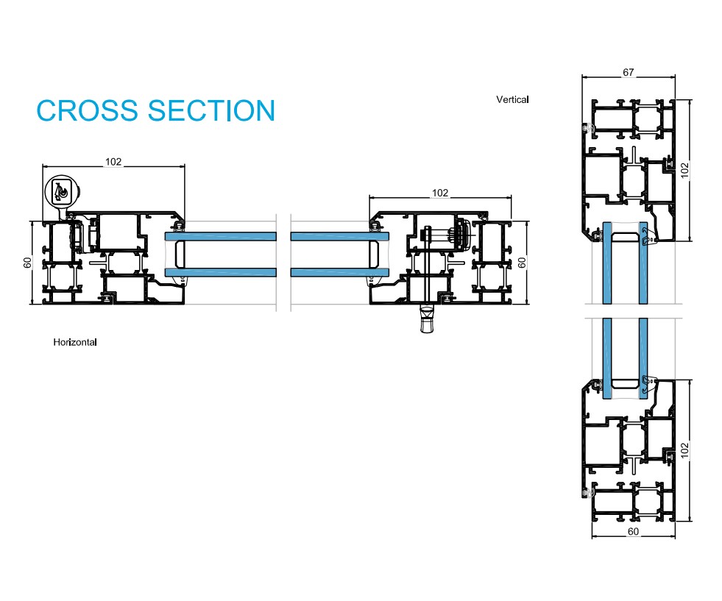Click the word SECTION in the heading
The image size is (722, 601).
[211, 110]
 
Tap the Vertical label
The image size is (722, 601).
[512, 99]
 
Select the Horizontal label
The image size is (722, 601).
[75, 342]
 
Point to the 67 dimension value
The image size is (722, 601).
[628, 72]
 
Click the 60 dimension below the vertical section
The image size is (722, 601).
[633, 531]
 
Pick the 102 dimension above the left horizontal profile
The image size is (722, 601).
[113, 162]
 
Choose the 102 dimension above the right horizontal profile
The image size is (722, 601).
[439, 193]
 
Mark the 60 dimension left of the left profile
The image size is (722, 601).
[27, 263]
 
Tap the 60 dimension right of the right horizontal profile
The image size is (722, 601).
[523, 263]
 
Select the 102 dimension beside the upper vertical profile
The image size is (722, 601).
[684, 170]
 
